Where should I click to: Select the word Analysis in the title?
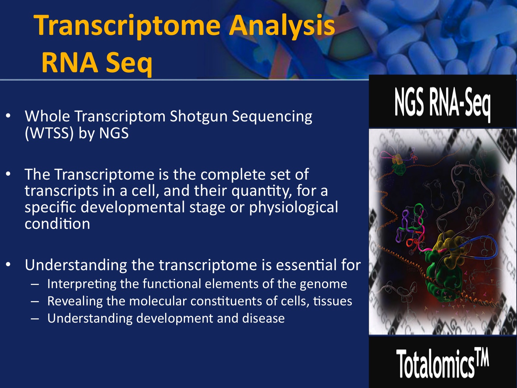tap(282, 26)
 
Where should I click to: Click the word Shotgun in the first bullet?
tap(199, 117)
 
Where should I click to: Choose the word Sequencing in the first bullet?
tap(272, 117)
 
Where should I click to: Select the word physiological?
tap(293, 208)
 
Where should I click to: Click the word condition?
tap(57, 223)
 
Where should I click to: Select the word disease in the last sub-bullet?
tap(263, 318)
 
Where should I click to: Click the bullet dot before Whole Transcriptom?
tap(8, 116)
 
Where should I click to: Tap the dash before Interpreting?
tap(34, 284)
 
